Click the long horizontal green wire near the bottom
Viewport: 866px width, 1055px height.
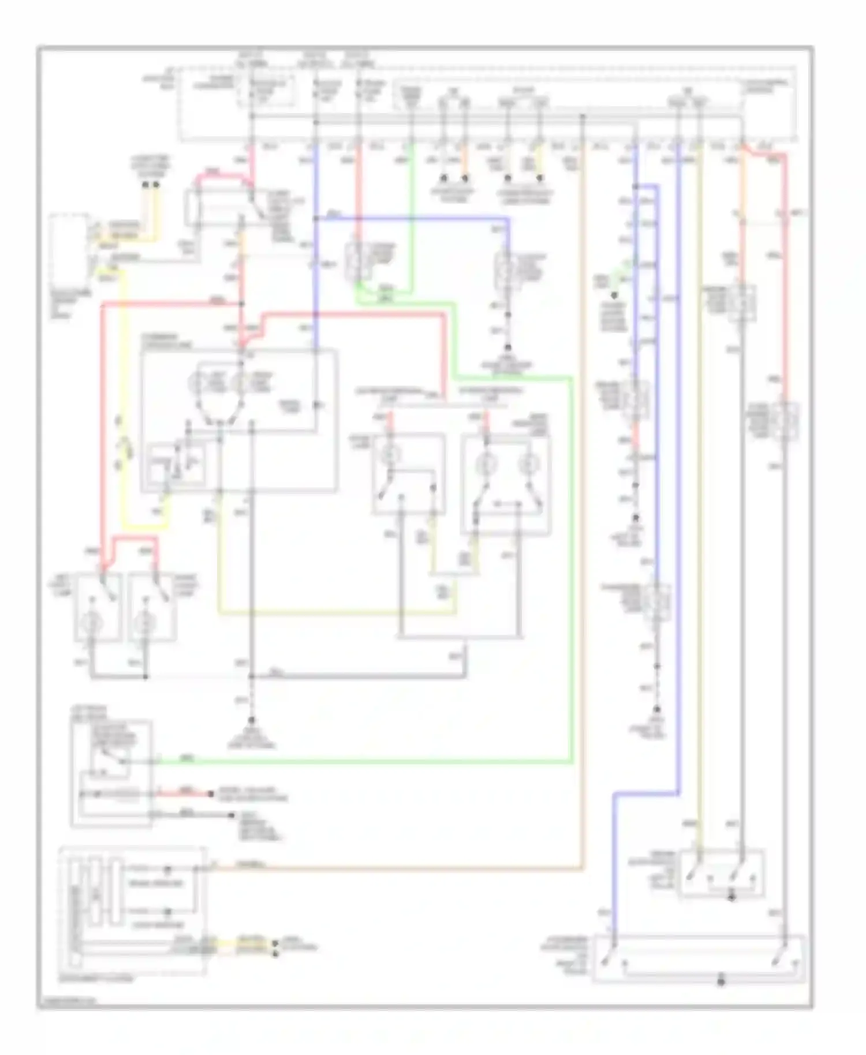tap(364, 762)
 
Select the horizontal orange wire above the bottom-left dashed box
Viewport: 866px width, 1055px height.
tap(404, 867)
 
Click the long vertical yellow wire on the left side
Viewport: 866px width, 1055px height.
tap(122, 404)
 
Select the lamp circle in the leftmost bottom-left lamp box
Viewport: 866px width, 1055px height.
tap(91, 623)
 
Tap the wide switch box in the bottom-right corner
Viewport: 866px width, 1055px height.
tap(699, 959)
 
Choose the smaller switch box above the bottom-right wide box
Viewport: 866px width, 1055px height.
tap(722, 871)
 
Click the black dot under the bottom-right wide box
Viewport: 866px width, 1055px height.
tap(721, 982)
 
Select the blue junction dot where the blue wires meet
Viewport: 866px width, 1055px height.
tap(316, 219)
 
